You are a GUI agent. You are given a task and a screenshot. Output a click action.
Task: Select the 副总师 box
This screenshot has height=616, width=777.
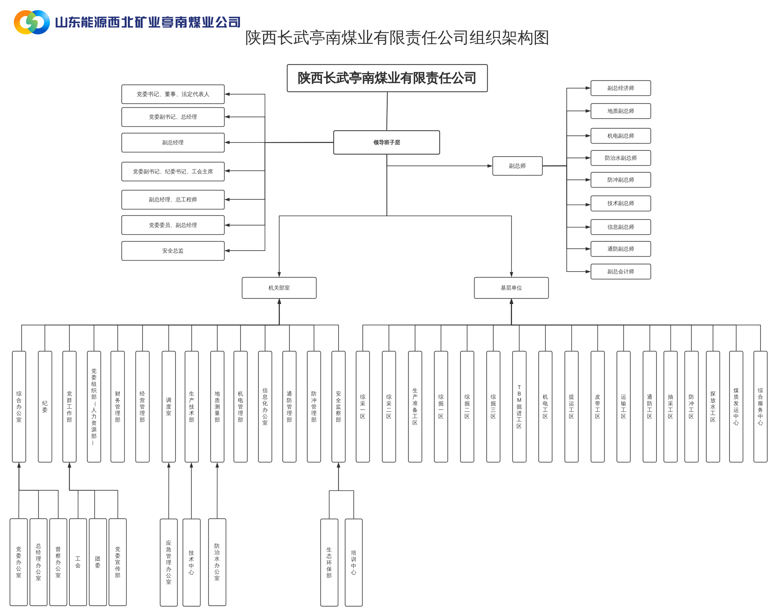517,166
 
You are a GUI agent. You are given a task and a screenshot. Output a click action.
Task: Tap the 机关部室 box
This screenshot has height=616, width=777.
279,288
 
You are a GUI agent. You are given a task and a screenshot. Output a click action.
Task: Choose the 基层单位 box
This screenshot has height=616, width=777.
511,288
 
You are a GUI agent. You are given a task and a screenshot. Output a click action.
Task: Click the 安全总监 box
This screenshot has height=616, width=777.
173,251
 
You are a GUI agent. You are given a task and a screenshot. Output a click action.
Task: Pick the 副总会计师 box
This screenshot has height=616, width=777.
620,271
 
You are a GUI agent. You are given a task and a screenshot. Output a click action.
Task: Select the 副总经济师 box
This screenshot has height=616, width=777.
620,88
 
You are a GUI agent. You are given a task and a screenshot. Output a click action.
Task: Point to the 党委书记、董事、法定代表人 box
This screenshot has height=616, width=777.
173,94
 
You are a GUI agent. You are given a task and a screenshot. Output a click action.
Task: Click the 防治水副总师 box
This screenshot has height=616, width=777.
620,158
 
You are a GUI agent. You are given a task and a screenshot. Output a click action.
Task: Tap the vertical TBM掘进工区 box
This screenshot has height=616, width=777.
519,406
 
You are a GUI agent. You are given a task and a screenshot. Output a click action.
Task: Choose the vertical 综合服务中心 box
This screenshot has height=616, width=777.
760,406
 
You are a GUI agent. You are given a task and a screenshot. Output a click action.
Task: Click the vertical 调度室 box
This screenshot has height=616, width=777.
169,406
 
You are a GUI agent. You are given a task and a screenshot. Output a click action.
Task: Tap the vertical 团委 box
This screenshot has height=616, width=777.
98,562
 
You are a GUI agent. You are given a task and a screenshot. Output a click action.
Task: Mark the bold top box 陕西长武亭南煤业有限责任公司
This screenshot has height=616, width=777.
387,78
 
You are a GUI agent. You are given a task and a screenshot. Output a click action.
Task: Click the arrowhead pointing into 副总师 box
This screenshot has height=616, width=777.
490,166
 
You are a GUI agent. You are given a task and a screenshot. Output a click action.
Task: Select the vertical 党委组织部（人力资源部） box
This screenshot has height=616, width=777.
94,406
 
